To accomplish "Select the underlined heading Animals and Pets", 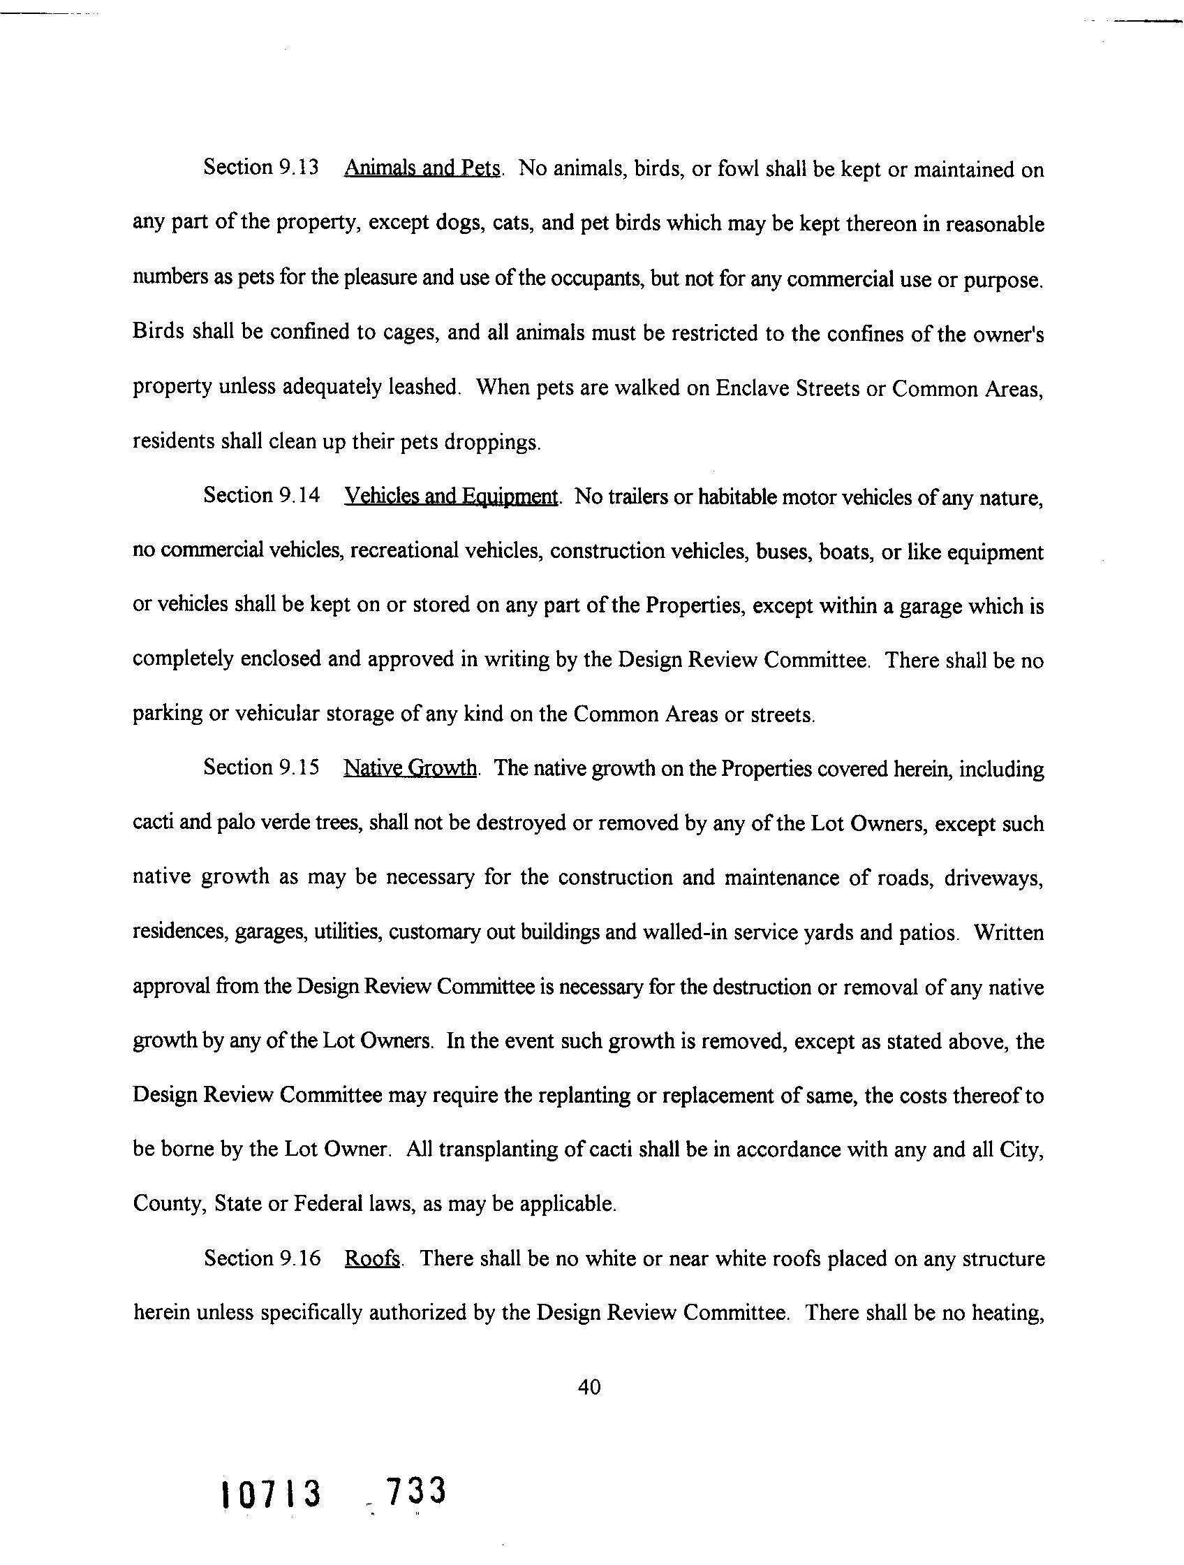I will pos(422,169).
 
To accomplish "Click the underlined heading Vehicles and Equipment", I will pos(451,497).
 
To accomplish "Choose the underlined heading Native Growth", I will pos(410,768).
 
